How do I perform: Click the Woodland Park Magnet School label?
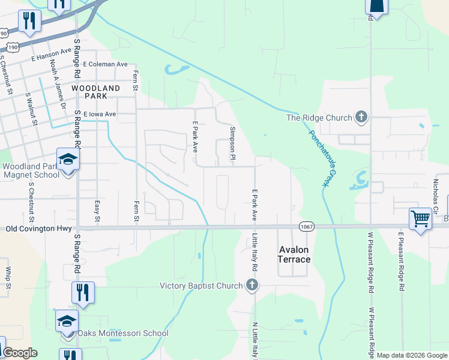(x=31, y=170)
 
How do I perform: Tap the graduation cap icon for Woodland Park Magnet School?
(x=68, y=160)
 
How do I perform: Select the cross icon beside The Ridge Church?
(x=361, y=117)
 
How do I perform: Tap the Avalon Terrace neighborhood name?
(x=294, y=254)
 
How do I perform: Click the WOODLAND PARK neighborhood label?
(x=96, y=92)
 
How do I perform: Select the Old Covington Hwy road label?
(x=37, y=229)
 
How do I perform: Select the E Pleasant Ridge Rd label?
(x=400, y=262)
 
